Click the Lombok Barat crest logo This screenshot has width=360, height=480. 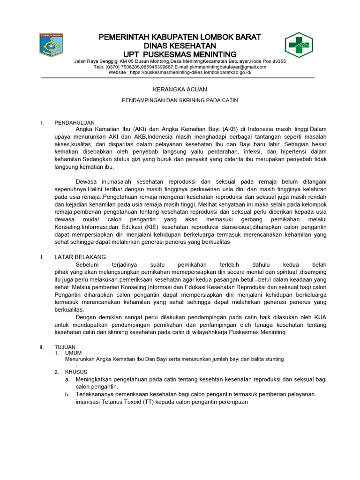(51, 47)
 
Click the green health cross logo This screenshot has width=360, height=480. (300, 47)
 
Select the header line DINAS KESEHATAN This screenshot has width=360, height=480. (180, 45)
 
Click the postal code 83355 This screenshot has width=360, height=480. (276, 61)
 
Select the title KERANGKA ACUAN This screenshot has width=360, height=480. (180, 89)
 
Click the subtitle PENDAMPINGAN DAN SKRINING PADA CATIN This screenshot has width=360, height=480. (180, 100)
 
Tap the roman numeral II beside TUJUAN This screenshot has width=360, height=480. (42, 346)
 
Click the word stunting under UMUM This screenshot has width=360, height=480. (273, 359)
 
